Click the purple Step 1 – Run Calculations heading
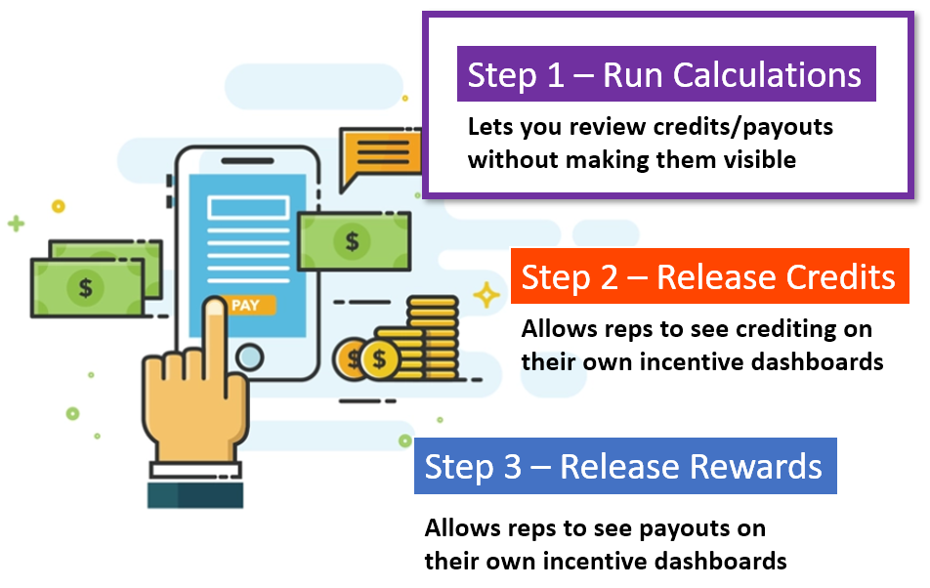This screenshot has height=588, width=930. coord(664,76)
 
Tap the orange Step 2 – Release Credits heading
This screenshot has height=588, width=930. coord(708,277)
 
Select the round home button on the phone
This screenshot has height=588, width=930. coord(249,357)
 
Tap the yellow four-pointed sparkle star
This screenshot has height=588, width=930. coord(485,294)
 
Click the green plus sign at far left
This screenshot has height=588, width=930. coord(16,224)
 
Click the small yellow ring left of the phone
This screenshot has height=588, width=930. coord(58,206)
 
